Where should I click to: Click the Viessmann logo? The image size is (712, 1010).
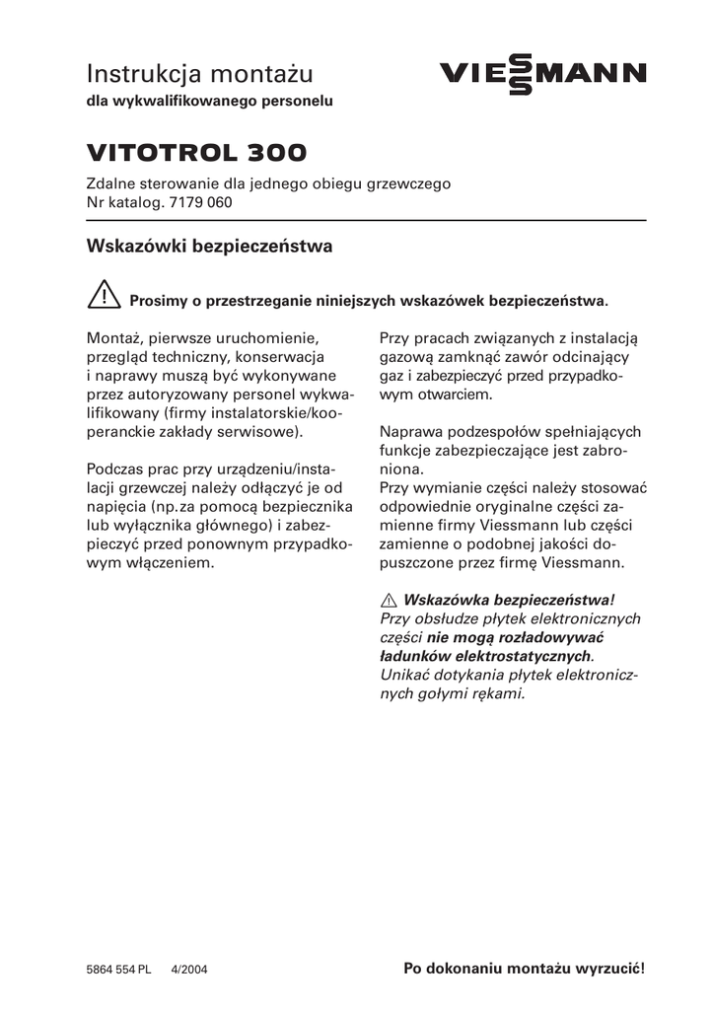(x=543, y=73)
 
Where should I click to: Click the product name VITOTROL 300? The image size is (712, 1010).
(x=196, y=153)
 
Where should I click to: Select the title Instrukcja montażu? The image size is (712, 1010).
(x=199, y=73)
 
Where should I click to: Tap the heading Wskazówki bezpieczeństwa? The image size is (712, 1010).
(x=209, y=246)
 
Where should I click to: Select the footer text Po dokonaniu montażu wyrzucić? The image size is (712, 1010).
(x=525, y=969)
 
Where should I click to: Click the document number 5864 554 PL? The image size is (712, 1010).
(x=118, y=970)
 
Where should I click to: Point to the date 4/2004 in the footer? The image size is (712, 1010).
(x=190, y=970)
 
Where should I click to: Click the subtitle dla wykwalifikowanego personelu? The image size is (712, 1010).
(x=210, y=101)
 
